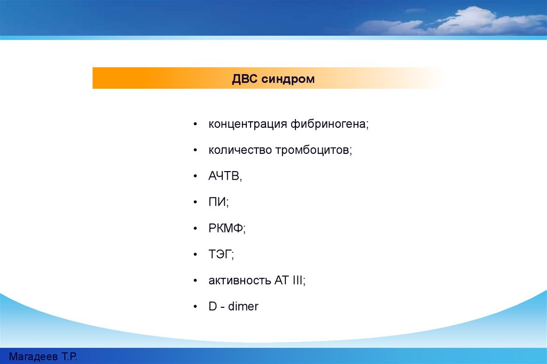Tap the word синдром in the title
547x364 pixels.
(288, 80)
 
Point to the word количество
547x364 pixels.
(240, 150)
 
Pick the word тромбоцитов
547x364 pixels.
(312, 150)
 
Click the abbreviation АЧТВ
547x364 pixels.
(224, 176)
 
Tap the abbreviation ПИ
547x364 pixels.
(217, 202)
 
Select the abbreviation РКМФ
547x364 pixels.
(226, 228)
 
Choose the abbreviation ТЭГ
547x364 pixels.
(220, 254)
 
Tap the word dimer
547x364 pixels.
(243, 306)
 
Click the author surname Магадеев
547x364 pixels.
(33, 357)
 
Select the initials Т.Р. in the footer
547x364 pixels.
(69, 357)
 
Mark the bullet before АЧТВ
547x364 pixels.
(196, 176)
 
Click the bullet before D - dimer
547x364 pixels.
(196, 306)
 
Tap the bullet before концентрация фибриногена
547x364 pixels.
(196, 124)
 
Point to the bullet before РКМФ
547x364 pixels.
(196, 228)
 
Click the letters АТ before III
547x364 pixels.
(282, 280)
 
